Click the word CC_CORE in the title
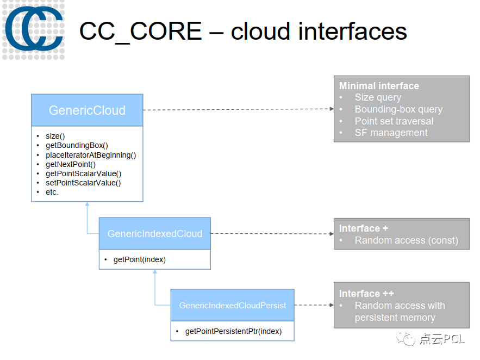[x=140, y=31]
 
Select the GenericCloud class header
[x=87, y=110]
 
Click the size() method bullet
[x=55, y=136]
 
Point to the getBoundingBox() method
[x=77, y=145]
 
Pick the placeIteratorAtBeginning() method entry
[x=91, y=155]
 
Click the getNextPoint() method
[x=71, y=164]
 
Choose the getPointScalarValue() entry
[x=83, y=173]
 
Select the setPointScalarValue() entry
[x=83, y=183]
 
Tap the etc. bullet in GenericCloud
[x=52, y=192]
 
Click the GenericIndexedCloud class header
[x=154, y=234]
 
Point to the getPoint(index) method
[x=139, y=259]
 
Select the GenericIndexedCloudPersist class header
[x=232, y=305]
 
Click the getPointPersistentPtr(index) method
[x=233, y=331]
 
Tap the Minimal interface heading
[x=379, y=86]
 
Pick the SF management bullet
[x=391, y=133]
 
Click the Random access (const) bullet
[x=406, y=240]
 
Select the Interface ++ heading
[x=366, y=294]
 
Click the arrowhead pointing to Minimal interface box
[x=331, y=109]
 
